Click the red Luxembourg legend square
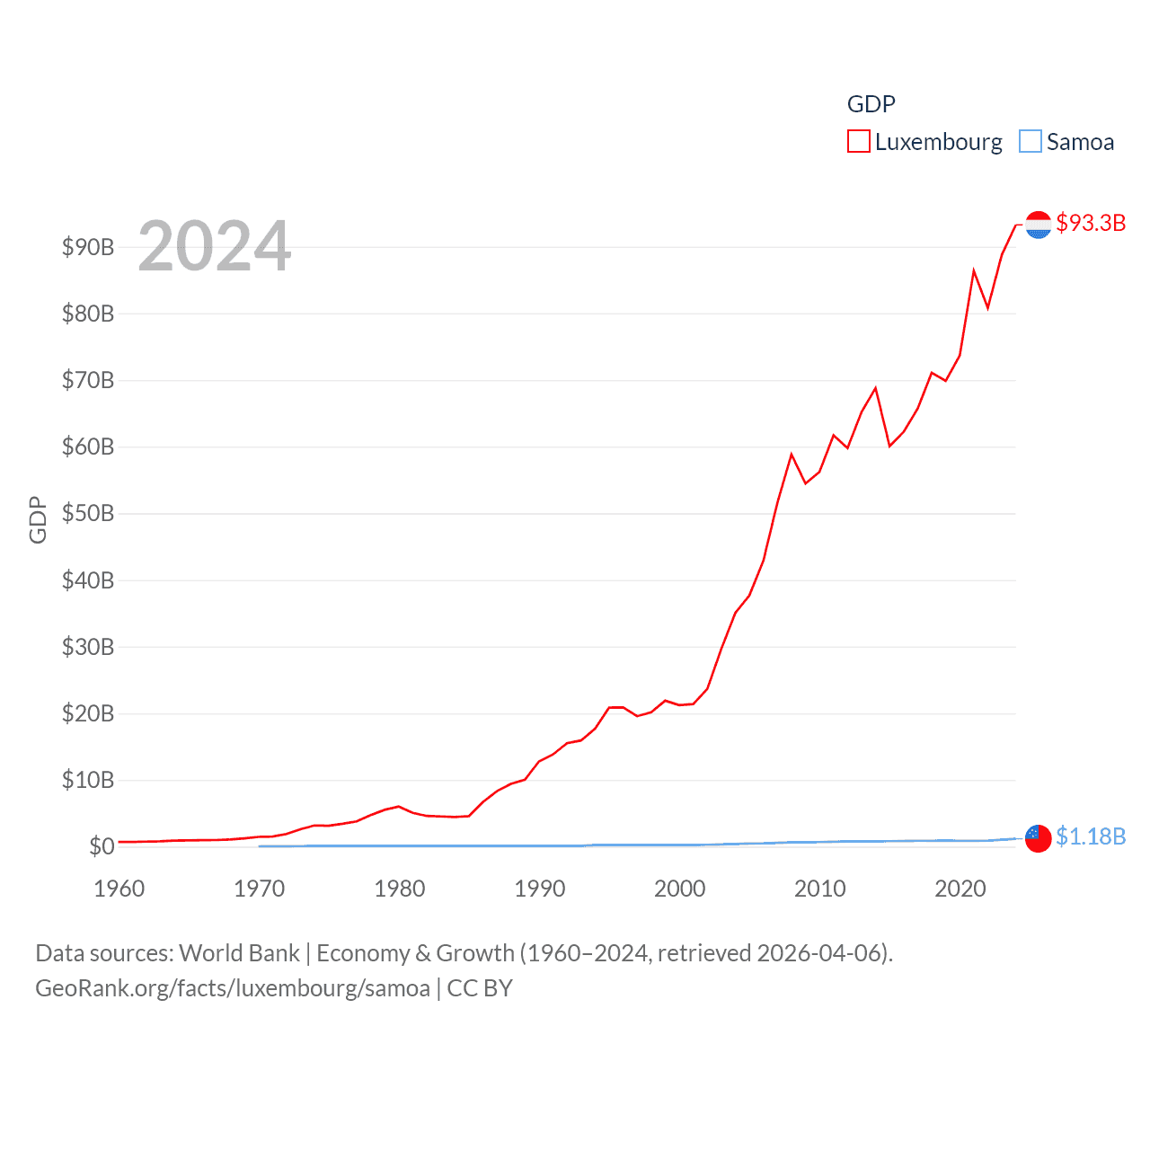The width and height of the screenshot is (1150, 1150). point(859,142)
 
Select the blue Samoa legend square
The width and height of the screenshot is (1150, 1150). point(1031,142)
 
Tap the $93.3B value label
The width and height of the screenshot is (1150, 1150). point(1091,223)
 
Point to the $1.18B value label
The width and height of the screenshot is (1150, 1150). point(1091,836)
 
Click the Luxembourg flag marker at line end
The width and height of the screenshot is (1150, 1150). point(1038,225)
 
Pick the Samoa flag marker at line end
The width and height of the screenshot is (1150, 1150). point(1038,838)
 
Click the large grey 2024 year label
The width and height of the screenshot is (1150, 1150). point(215,245)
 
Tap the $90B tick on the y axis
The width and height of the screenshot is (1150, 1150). point(88,247)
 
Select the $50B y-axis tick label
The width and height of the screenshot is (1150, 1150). point(88,513)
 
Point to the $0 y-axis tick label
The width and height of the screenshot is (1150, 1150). point(102,846)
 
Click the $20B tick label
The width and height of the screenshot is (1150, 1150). point(88,713)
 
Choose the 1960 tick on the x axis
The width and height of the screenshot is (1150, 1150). point(119,889)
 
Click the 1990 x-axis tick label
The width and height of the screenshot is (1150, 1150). point(540,889)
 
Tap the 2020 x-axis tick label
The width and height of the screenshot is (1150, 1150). point(960,889)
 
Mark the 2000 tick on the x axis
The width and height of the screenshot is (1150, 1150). point(680,889)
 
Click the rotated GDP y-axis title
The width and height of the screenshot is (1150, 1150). point(38,519)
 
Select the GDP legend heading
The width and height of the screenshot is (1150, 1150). point(871,104)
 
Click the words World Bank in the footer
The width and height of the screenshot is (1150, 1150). point(240,952)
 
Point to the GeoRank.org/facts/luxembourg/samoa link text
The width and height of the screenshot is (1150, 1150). point(233,988)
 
